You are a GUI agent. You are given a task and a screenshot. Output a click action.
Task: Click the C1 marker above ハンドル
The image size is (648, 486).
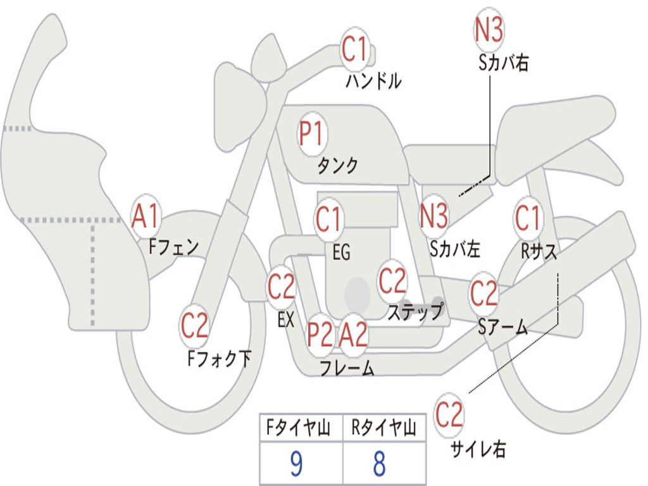pyautogui.click(x=355, y=49)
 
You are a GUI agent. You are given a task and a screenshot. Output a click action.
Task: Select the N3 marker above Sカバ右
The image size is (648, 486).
pyautogui.click(x=489, y=29)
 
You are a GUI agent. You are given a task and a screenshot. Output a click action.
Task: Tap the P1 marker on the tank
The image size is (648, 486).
pyautogui.click(x=311, y=135)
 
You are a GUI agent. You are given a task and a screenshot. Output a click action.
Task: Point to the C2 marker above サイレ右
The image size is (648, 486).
pyautogui.click(x=449, y=415)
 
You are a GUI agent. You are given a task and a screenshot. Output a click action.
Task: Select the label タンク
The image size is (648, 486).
pyautogui.click(x=337, y=166)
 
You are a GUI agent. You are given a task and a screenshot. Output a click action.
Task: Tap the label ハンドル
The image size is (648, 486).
pyautogui.click(x=373, y=81)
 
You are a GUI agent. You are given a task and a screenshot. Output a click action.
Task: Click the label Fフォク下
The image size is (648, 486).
pyautogui.click(x=219, y=359)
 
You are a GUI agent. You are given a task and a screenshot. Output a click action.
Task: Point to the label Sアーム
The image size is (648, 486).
pyautogui.click(x=502, y=327)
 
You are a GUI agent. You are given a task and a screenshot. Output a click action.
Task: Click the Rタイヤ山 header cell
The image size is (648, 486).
pyautogui.click(x=383, y=429)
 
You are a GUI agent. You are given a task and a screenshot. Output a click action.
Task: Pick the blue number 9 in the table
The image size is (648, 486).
pyautogui.click(x=296, y=464)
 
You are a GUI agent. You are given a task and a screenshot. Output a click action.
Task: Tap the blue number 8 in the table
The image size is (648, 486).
pyautogui.click(x=378, y=464)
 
